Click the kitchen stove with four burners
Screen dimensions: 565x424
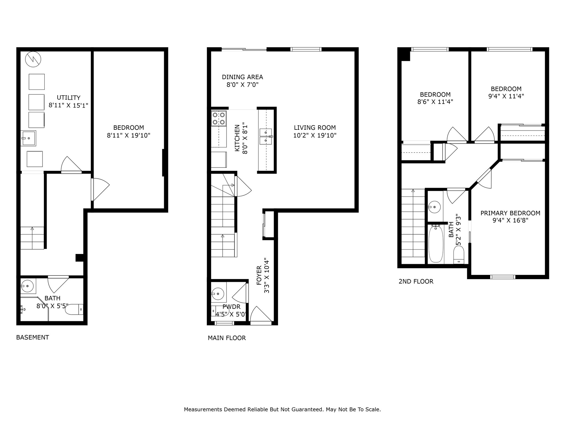click(219, 118)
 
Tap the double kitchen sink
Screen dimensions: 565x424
click(266, 137)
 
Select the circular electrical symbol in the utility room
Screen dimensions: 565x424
click(33, 59)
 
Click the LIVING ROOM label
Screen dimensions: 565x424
click(315, 128)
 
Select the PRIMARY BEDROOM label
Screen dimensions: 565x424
click(510, 213)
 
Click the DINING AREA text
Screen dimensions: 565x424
click(242, 77)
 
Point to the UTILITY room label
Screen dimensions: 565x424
click(69, 98)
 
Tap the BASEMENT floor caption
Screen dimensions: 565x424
click(33, 337)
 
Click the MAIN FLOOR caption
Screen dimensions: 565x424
click(227, 338)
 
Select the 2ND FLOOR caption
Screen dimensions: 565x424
click(416, 281)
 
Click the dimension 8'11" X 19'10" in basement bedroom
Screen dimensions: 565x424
click(129, 135)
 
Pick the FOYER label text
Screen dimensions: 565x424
click(259, 275)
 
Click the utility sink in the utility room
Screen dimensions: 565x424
click(28, 138)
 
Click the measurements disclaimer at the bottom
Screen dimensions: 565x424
click(282, 409)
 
